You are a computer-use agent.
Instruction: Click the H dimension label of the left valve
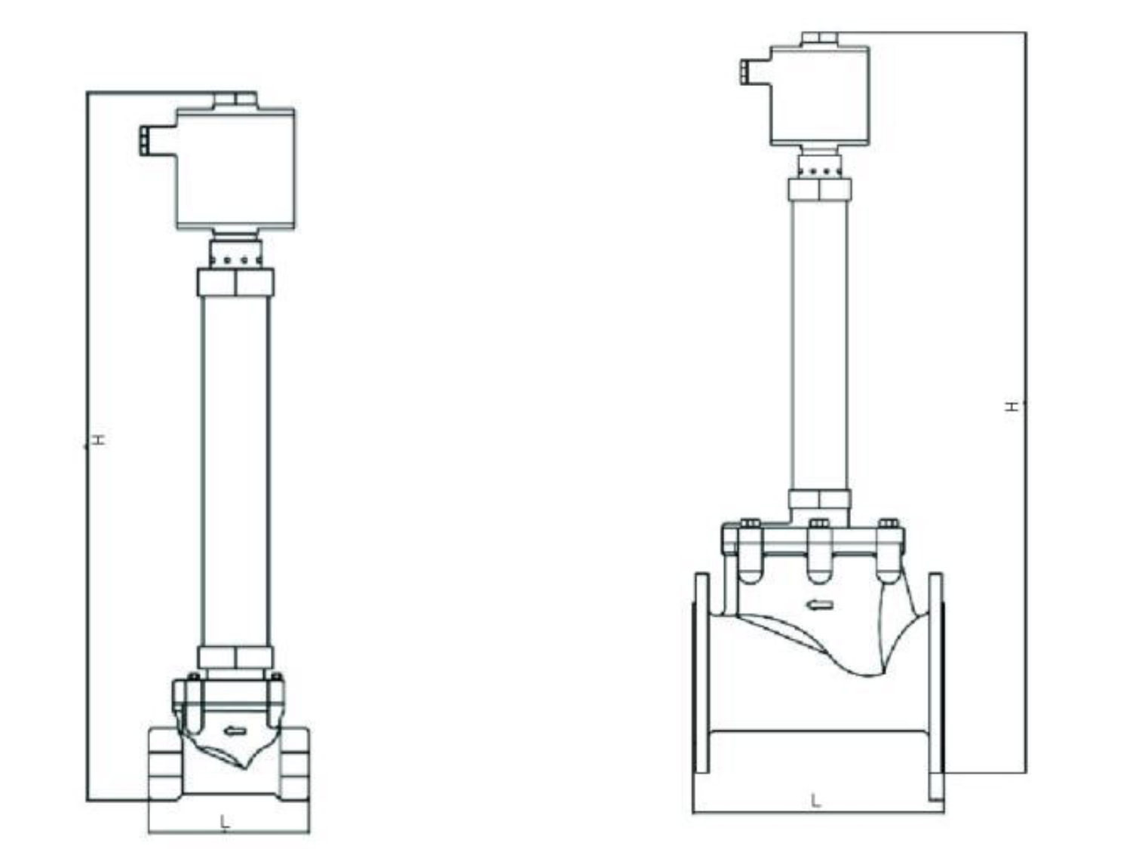pos(99,440)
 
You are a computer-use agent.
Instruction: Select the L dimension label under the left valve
pos(225,822)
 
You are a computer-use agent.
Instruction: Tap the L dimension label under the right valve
pos(815,801)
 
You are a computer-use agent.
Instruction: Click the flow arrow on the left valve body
pos(233,731)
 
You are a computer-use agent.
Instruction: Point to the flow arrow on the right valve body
pos(821,605)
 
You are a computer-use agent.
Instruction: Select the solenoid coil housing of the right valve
pos(820,96)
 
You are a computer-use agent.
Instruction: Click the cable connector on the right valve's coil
pos(744,71)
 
